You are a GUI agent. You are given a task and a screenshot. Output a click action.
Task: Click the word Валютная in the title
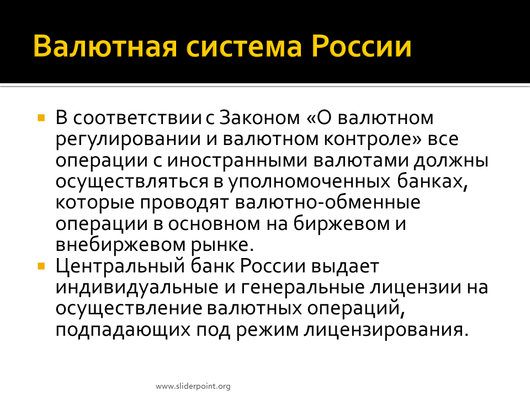click(x=105, y=46)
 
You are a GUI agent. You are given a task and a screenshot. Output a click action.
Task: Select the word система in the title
click(x=243, y=47)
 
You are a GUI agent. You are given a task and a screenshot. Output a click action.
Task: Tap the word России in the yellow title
click(x=361, y=46)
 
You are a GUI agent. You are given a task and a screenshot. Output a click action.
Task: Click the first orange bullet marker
click(x=41, y=118)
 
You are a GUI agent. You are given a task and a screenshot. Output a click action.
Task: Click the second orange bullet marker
click(x=41, y=266)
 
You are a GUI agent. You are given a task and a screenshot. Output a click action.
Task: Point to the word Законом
click(x=259, y=118)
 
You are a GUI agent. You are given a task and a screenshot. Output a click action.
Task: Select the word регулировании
click(x=128, y=140)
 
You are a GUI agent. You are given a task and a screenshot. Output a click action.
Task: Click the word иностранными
click(x=237, y=160)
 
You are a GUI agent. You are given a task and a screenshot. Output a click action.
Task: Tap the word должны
click(x=451, y=161)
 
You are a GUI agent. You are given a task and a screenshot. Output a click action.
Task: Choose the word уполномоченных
click(x=309, y=182)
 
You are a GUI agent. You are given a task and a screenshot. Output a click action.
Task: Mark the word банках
click(x=432, y=181)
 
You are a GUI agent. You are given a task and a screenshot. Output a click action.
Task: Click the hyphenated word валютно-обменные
click(x=327, y=202)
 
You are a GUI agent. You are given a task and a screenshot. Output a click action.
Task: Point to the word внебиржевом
click(x=120, y=245)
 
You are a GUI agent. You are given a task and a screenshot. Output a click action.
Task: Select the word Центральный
click(x=120, y=267)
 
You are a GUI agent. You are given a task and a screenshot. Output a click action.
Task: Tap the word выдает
click(x=344, y=267)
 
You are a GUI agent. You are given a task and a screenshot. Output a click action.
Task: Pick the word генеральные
click(x=302, y=287)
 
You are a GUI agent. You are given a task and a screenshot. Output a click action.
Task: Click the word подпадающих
click(x=123, y=330)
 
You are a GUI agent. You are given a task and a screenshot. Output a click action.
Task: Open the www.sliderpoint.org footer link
click(x=193, y=386)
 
